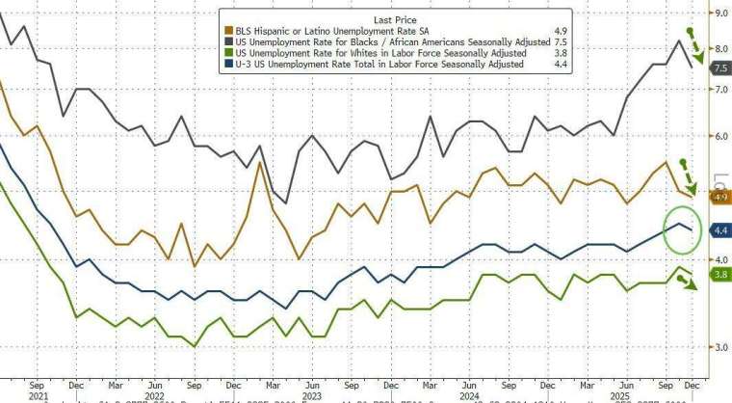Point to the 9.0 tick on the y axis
719,13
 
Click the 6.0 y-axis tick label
719,136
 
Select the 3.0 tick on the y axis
719,347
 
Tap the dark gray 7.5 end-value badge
719,68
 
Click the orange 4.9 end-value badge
719,197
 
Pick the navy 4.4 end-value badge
719,230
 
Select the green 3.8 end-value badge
719,275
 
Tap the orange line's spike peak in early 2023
259,162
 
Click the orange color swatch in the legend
226,30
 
